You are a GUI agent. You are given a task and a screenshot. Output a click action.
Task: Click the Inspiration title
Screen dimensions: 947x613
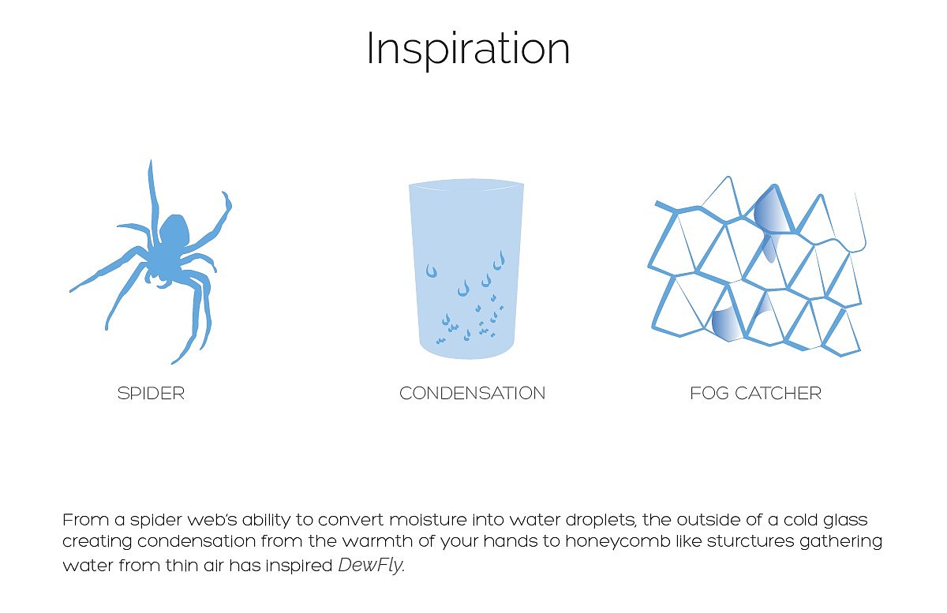468,49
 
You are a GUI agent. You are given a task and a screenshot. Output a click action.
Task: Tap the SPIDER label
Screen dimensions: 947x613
151,394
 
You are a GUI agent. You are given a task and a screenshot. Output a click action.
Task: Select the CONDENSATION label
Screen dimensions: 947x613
472,394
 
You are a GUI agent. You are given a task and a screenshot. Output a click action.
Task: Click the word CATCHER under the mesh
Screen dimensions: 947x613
778,394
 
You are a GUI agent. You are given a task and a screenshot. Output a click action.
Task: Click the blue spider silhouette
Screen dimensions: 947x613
151,262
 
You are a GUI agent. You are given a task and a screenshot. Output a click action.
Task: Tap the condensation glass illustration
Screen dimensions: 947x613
466,269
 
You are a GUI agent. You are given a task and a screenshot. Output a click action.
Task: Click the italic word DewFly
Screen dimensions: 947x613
370,566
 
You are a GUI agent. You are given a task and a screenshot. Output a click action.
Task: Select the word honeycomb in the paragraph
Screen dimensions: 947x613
618,541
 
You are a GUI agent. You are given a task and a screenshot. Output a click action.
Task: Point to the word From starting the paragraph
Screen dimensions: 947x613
86,520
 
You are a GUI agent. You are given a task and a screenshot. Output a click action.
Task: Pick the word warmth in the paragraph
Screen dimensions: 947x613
377,541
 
